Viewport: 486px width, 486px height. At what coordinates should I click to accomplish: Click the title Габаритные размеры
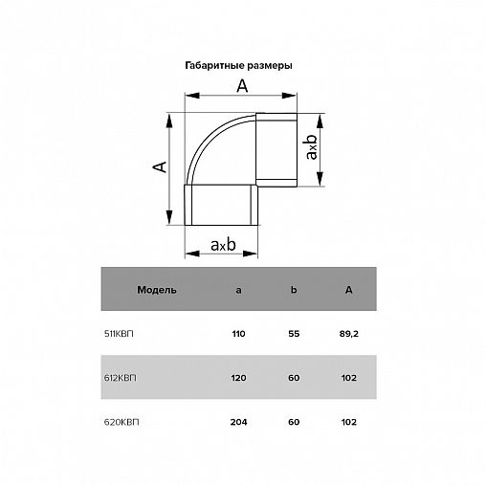(x=238, y=66)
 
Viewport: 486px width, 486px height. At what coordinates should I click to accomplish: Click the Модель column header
(x=157, y=290)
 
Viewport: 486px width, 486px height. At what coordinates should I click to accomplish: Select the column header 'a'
(x=238, y=290)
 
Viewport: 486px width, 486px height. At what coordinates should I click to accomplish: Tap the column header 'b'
(x=294, y=290)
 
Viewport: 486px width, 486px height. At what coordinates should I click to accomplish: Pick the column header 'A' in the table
(x=349, y=290)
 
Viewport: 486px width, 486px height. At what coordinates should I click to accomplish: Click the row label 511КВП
(x=119, y=334)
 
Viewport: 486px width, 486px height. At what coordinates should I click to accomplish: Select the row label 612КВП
(x=121, y=378)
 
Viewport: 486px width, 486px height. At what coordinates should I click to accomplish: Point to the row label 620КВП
(x=121, y=422)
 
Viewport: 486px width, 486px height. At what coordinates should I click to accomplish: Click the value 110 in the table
(x=238, y=334)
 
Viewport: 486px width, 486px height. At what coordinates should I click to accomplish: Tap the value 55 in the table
(x=294, y=334)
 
